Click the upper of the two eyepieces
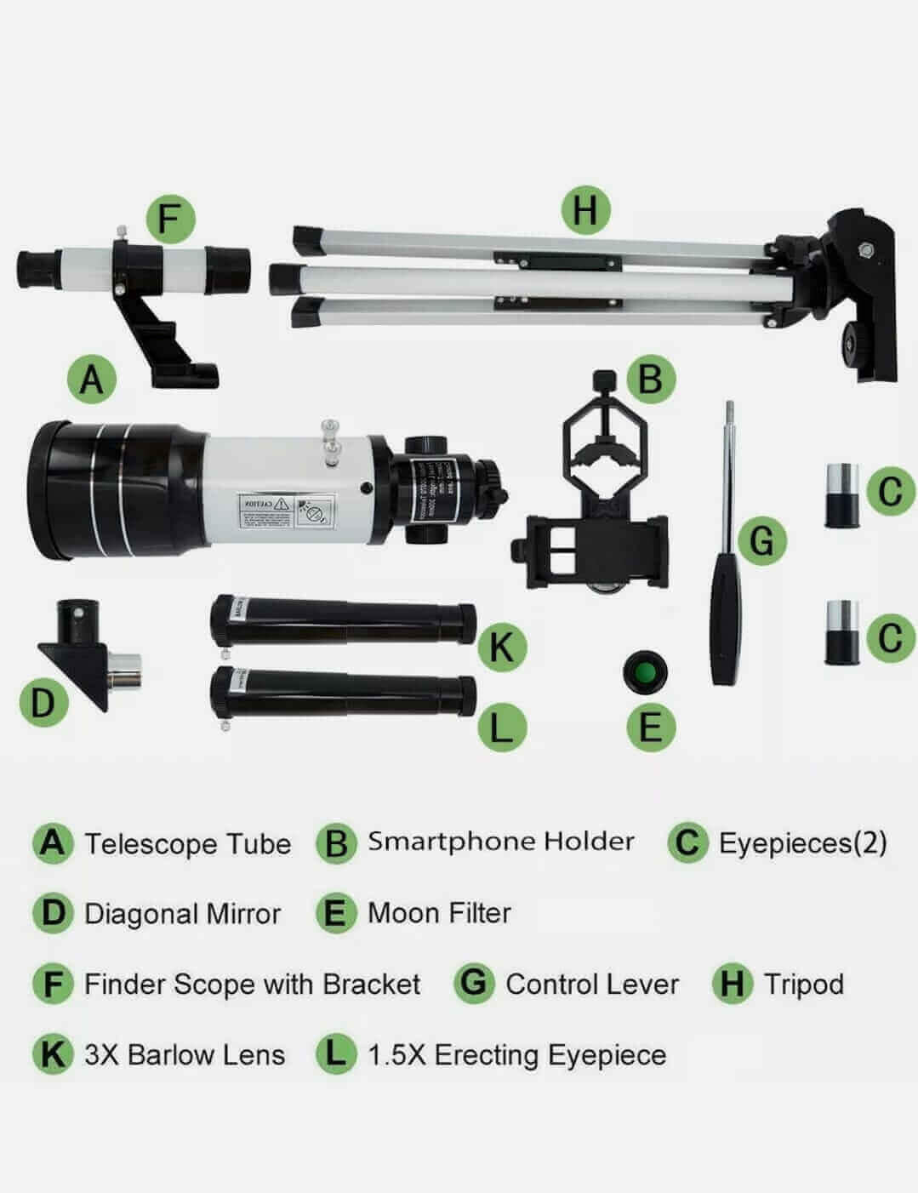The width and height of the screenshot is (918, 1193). (841, 494)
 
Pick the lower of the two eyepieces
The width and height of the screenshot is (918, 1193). (841, 633)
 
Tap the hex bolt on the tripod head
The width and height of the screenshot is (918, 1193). (864, 252)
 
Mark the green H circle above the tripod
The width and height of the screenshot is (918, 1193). (585, 209)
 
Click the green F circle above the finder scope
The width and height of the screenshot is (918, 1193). (170, 218)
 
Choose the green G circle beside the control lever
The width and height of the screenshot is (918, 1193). (761, 539)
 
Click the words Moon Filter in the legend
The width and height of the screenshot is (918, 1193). (439, 913)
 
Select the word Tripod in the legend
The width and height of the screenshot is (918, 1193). (803, 984)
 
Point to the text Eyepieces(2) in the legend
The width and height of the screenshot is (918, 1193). (802, 842)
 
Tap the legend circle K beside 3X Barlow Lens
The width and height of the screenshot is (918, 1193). (53, 1054)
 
